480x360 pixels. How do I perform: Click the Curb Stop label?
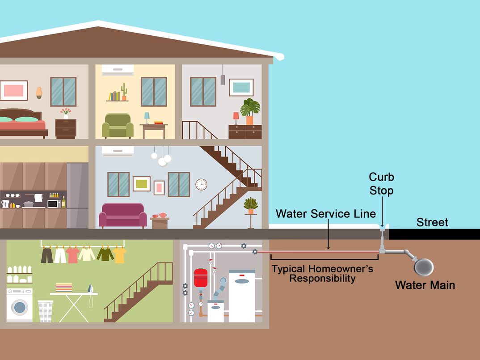[381, 183]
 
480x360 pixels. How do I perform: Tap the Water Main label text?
[425, 285]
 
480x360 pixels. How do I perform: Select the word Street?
[432, 222]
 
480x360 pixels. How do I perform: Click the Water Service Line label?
[326, 214]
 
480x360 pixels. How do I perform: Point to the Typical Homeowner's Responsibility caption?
[322, 273]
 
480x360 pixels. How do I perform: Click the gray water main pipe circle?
[424, 267]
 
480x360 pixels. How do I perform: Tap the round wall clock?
[201, 184]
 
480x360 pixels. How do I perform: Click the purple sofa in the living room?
[122, 215]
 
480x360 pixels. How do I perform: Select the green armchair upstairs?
[118, 126]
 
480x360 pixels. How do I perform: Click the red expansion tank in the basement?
[201, 278]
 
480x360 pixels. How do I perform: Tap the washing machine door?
[19, 307]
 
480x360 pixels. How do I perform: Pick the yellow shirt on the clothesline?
[119, 255]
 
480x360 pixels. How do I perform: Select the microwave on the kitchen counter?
[54, 204]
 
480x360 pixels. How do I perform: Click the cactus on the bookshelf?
[124, 92]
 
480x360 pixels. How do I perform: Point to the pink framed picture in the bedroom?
[14, 90]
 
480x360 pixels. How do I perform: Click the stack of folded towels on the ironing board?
[64, 288]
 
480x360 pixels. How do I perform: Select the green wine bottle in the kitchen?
[63, 202]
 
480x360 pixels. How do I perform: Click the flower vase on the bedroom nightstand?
[66, 114]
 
